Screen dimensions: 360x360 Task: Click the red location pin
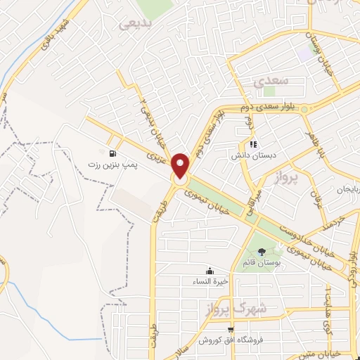coord(181,165)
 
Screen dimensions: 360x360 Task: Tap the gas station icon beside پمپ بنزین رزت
coord(112,153)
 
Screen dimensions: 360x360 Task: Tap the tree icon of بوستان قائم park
coord(262,252)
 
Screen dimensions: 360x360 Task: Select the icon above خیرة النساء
coord(208,271)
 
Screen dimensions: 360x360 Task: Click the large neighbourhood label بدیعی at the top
coord(134,23)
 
